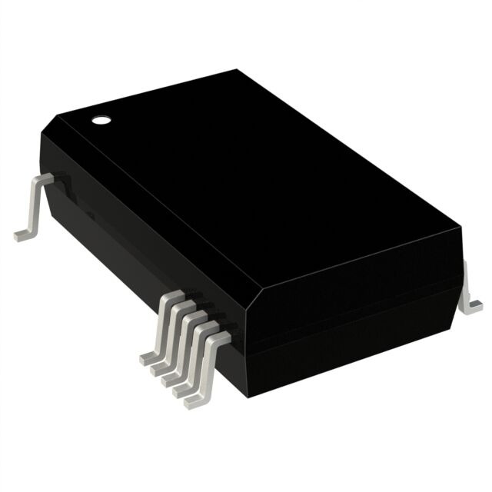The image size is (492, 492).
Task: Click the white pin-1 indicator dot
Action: tap(100, 119)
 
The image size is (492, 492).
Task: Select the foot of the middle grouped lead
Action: tap(171, 378)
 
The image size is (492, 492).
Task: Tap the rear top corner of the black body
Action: tap(235, 70)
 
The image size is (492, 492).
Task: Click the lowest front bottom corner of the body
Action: tap(248, 396)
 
